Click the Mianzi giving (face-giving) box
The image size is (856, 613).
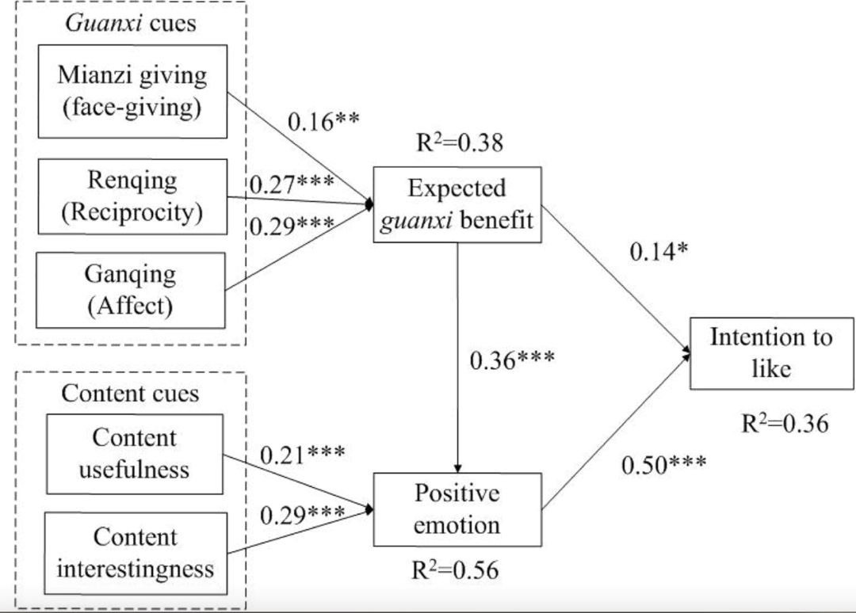click(x=132, y=91)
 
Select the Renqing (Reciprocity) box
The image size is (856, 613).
click(x=132, y=197)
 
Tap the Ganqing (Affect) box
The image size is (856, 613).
click(x=131, y=290)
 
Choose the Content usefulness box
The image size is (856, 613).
click(x=135, y=455)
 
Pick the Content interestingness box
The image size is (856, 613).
click(x=136, y=553)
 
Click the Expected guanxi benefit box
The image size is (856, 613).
click(x=457, y=204)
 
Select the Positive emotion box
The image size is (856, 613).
click(x=457, y=509)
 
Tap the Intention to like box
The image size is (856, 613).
click(x=771, y=353)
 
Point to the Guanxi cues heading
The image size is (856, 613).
click(x=131, y=24)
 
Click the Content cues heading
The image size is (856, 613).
click(x=130, y=393)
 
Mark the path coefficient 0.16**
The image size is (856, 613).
click(x=323, y=122)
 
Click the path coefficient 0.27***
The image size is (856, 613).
click(x=292, y=184)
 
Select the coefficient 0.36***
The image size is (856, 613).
click(x=512, y=360)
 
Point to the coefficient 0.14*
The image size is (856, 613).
click(x=659, y=251)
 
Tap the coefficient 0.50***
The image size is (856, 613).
click(x=664, y=465)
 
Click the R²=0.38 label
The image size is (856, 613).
click(x=460, y=143)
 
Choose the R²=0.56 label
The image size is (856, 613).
click(x=455, y=570)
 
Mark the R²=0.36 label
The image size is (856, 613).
click(x=785, y=423)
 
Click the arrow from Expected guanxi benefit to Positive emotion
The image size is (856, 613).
click(x=457, y=357)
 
